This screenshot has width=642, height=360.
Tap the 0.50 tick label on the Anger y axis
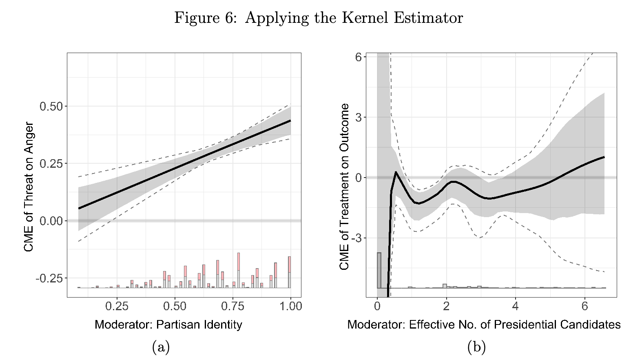pos(51,107)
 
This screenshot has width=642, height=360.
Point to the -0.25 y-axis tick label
pos(49,278)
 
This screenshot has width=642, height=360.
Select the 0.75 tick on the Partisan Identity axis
pos(233,306)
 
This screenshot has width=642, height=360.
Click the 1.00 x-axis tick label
pos(290,306)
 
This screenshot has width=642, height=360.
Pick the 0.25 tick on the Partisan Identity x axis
pos(117,306)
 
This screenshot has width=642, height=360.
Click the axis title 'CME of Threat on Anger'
pos(29,187)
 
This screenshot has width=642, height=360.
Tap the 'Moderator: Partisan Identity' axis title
pos(168,325)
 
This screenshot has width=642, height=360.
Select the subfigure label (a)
pos(161,347)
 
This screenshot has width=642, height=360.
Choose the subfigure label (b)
pos(476,347)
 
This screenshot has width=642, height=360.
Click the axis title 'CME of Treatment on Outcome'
pos(344,187)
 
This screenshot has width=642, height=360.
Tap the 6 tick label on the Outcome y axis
pos(359,57)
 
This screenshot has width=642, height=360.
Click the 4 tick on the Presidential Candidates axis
pos(516,306)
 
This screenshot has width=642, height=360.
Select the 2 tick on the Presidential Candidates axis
pos(446,306)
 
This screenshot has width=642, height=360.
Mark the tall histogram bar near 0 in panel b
pos(379,270)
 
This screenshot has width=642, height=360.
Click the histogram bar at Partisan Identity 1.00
pos(290,272)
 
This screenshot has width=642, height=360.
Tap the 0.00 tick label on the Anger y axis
pos(51,221)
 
